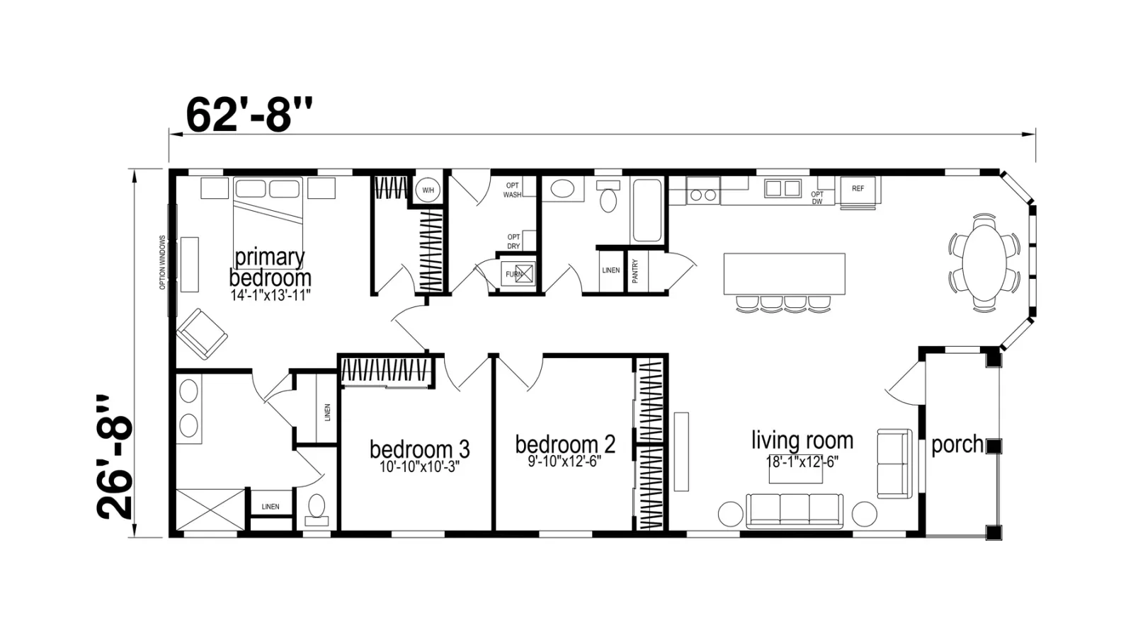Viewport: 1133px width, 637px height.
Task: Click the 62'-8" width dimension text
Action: tap(249, 115)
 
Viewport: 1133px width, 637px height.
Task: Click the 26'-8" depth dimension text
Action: tap(114, 457)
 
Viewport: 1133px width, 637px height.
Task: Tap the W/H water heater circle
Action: tap(428, 190)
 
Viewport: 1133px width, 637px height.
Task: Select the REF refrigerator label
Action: tap(858, 188)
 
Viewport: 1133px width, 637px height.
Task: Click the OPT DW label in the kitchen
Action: tap(817, 197)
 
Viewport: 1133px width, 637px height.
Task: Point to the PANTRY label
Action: tap(635, 271)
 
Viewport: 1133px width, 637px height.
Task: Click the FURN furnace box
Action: tap(518, 273)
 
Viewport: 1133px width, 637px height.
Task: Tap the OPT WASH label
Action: tap(513, 190)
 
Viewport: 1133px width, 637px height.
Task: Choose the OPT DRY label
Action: tap(513, 241)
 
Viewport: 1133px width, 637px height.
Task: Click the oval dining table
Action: tap(984, 263)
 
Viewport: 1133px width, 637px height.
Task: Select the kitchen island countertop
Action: tap(785, 273)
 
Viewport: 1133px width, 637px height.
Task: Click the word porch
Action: tap(957, 444)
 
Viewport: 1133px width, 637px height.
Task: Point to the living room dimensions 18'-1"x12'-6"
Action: tap(802, 462)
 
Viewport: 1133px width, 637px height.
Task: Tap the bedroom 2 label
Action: tap(565, 444)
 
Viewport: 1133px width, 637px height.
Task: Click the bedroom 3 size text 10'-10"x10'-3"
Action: tap(419, 466)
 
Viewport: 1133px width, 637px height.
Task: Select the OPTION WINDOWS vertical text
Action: tap(162, 263)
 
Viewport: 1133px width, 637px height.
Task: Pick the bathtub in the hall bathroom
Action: tap(647, 210)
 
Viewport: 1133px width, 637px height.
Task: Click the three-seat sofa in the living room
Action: tap(795, 510)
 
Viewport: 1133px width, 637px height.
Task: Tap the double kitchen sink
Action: tap(782, 188)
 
